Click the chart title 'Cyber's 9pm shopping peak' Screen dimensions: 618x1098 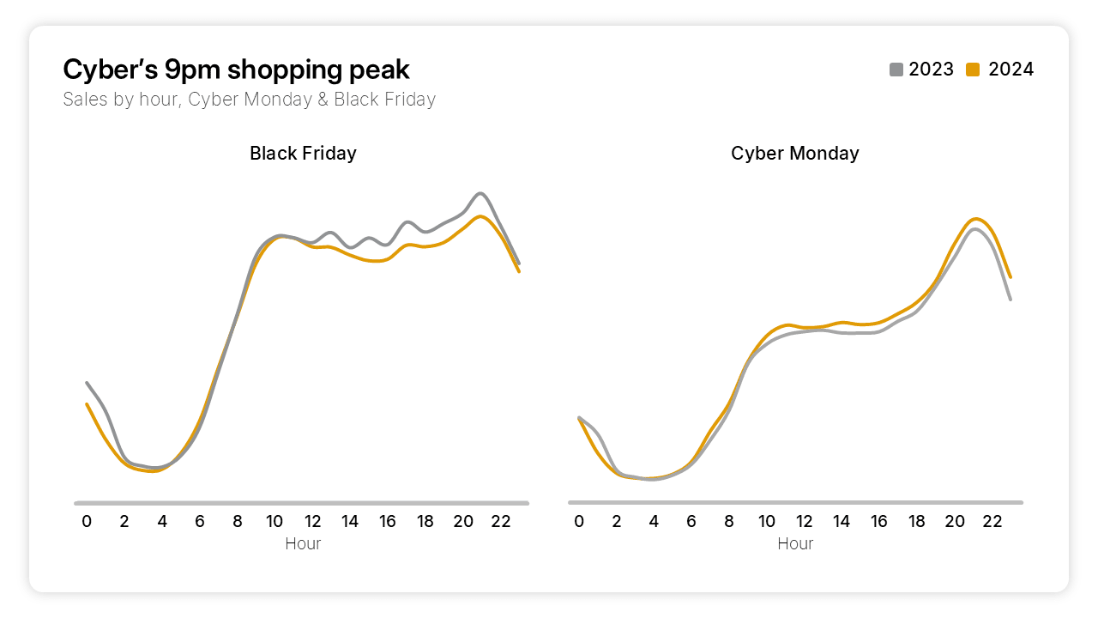(237, 70)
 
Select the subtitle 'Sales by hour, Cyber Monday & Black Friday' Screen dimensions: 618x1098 (249, 100)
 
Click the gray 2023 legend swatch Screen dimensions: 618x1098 (896, 70)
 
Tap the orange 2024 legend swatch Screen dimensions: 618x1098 (973, 70)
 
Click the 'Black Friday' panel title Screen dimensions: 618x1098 (303, 154)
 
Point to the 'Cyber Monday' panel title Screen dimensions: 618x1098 (794, 154)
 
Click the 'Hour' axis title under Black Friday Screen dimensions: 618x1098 (303, 543)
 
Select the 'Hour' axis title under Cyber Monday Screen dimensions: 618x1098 (795, 543)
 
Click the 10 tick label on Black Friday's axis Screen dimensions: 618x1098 (274, 521)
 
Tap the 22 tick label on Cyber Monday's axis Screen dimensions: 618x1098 (992, 521)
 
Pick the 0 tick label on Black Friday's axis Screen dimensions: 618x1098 (87, 521)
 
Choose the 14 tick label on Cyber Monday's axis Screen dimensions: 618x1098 (842, 521)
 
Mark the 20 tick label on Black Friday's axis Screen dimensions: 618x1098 (463, 521)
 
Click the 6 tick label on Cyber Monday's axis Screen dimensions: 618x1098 (691, 521)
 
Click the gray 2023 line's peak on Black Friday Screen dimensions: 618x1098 (480, 193)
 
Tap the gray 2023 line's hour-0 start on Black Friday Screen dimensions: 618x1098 (87, 383)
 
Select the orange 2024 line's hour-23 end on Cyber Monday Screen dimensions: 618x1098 (1011, 277)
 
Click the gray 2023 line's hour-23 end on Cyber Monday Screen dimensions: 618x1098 (1011, 300)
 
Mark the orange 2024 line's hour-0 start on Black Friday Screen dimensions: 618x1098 (87, 403)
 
